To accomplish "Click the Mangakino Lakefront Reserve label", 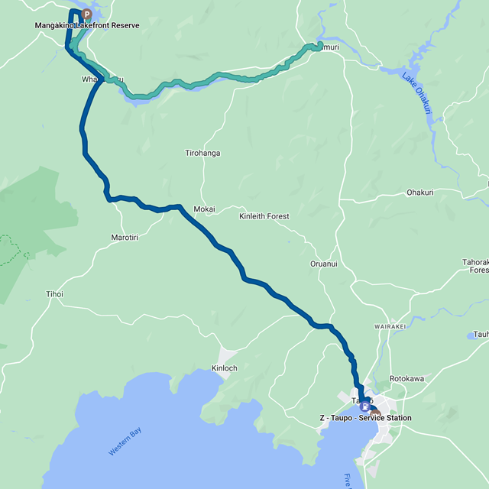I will coord(87,25).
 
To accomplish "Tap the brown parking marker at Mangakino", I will coord(86,14).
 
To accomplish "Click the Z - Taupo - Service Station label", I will coord(365,418).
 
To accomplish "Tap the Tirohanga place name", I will coord(202,153).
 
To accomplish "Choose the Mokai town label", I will coord(204,209).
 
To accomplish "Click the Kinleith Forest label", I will coord(264,216).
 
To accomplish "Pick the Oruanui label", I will coord(323,264).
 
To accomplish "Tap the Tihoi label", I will coord(54,294).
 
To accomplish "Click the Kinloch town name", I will coord(224,368).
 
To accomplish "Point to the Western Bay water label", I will coord(125,443).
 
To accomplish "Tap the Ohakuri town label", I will coord(420,193).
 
